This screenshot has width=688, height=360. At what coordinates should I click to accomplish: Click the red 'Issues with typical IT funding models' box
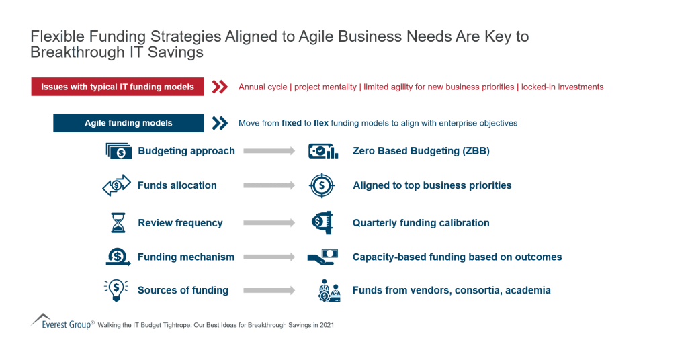point(118,87)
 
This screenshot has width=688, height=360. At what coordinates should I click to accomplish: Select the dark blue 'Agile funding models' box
point(128,123)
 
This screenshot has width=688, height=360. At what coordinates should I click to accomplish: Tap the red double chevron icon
point(220,87)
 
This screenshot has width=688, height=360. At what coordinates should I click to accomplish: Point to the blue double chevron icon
point(220,123)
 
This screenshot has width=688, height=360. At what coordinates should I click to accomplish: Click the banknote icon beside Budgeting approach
point(119,151)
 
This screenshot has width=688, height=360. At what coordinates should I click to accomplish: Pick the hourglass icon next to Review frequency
point(118,222)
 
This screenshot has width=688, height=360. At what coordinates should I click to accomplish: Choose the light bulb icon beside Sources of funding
point(116,290)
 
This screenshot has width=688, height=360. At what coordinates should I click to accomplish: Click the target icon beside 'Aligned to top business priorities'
point(322,185)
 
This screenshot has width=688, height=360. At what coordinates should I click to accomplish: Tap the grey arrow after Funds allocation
point(269,185)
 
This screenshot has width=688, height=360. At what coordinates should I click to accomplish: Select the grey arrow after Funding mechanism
point(269,257)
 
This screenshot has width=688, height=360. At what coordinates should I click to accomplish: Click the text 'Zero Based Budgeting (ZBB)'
point(421,151)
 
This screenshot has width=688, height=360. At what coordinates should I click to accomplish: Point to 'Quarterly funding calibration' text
point(421,222)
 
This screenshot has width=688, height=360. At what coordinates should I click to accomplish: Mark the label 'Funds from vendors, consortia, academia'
point(451,290)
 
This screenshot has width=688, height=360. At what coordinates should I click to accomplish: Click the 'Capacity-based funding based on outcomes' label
point(458,257)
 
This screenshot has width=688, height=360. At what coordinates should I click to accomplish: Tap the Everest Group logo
point(62,322)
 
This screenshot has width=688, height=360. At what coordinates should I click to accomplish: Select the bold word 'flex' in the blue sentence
point(321,124)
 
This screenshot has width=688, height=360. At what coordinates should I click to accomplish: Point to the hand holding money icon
point(322,257)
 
